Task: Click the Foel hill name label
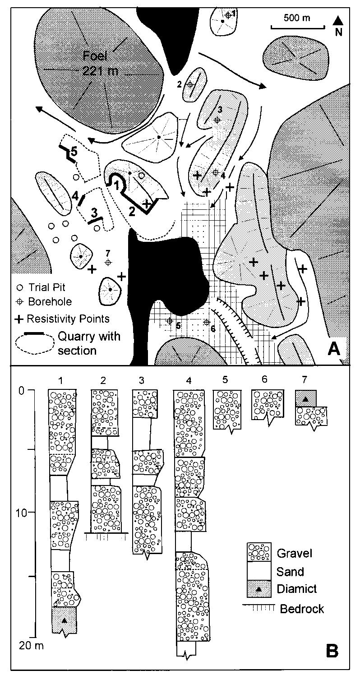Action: tap(96, 56)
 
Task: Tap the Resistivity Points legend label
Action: tap(68, 319)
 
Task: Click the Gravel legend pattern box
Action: tap(258, 552)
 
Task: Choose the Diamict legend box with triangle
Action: tap(258, 588)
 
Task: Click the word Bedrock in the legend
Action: tap(302, 608)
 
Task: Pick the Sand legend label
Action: tap(290, 571)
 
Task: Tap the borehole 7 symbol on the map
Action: tap(108, 262)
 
